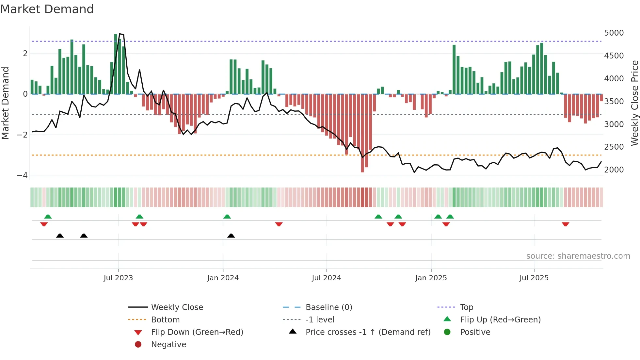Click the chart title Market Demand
[47, 9]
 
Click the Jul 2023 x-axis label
[118, 278]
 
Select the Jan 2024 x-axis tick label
[223, 278]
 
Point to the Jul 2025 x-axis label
[534, 278]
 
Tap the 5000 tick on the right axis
[614, 33]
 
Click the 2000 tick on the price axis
[614, 170]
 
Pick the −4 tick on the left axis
[22, 175]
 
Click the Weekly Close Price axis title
[634, 103]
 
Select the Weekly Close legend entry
[177, 307]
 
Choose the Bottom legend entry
[165, 320]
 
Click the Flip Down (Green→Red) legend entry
[197, 332]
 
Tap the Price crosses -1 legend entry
[368, 332]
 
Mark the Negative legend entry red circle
[138, 345]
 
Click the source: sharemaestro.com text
[578, 256]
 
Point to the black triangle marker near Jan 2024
[231, 236]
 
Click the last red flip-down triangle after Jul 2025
[566, 224]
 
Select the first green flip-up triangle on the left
[48, 216]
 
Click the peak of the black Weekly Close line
[120, 34]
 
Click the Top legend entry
[467, 307]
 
